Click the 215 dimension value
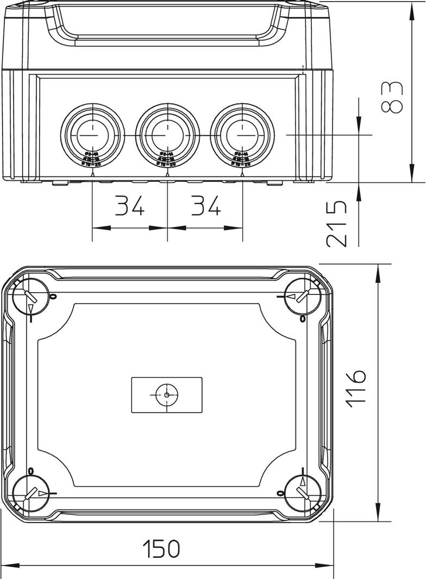click(x=337, y=223)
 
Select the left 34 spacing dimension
click(x=130, y=206)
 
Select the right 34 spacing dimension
click(x=205, y=206)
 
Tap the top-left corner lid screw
click(x=30, y=297)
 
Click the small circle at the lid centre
click(x=166, y=395)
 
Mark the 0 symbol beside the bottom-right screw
click(x=280, y=493)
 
